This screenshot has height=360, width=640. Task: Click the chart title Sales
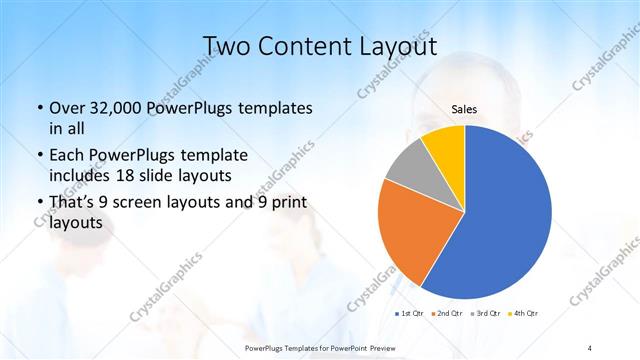pyautogui.click(x=464, y=109)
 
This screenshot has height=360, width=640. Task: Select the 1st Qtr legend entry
pyautogui.click(x=410, y=314)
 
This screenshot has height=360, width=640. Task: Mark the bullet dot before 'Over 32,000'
pyautogui.click(x=39, y=108)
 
